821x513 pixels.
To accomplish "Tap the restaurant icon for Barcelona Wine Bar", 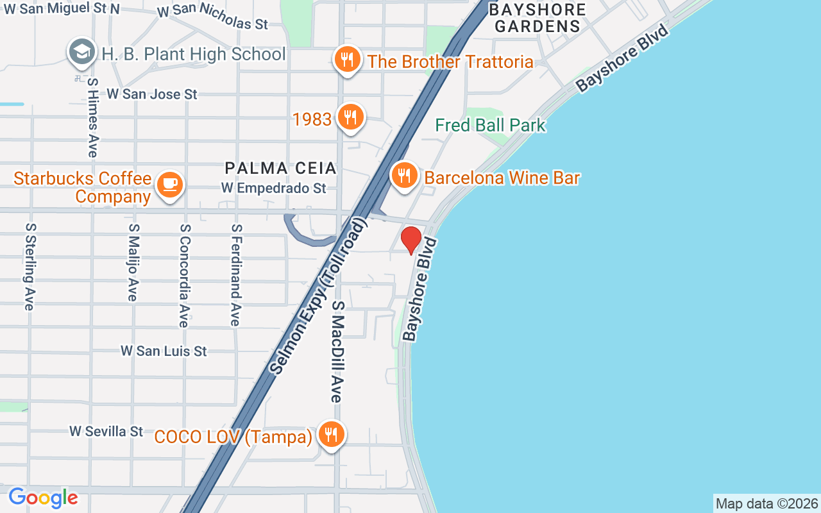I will tap(404, 174).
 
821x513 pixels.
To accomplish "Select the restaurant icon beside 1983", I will tap(350, 117).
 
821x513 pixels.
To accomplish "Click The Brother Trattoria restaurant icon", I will tap(347, 60).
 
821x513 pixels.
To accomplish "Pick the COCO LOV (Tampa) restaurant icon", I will tap(331, 435).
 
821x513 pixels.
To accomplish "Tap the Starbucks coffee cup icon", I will tap(169, 185).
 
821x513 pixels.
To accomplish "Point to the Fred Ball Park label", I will tap(490, 124).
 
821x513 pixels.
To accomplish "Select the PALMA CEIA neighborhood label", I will tap(280, 168).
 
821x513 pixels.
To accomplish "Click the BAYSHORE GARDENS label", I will tap(537, 18).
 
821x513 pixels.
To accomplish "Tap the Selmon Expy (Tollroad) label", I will tap(318, 296).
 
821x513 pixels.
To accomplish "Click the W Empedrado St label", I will tap(274, 188).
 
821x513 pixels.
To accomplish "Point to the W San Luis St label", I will tap(164, 351).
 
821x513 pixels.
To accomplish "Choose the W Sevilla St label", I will tap(106, 431).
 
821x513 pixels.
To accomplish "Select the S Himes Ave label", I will tap(93, 118).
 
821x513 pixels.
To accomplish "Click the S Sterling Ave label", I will tap(30, 266).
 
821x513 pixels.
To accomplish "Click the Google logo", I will tap(43, 498).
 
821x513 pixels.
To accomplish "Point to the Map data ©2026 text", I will tap(766, 503).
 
